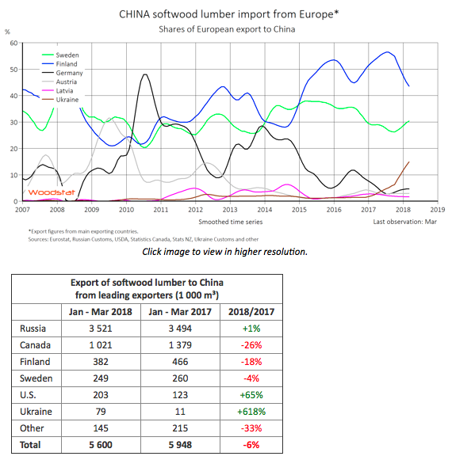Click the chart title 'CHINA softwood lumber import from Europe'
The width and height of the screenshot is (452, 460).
(x=228, y=14)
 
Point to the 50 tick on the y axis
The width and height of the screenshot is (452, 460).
(x=13, y=70)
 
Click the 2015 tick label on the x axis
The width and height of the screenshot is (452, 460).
(x=299, y=210)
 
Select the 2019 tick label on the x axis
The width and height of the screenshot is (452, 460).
(x=437, y=210)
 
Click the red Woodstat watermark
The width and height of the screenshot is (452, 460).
(x=45, y=192)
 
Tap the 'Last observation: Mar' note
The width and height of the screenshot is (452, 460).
(x=404, y=222)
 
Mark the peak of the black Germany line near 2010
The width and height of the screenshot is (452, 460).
(x=145, y=75)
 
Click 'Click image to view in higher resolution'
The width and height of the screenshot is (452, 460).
(x=224, y=251)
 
